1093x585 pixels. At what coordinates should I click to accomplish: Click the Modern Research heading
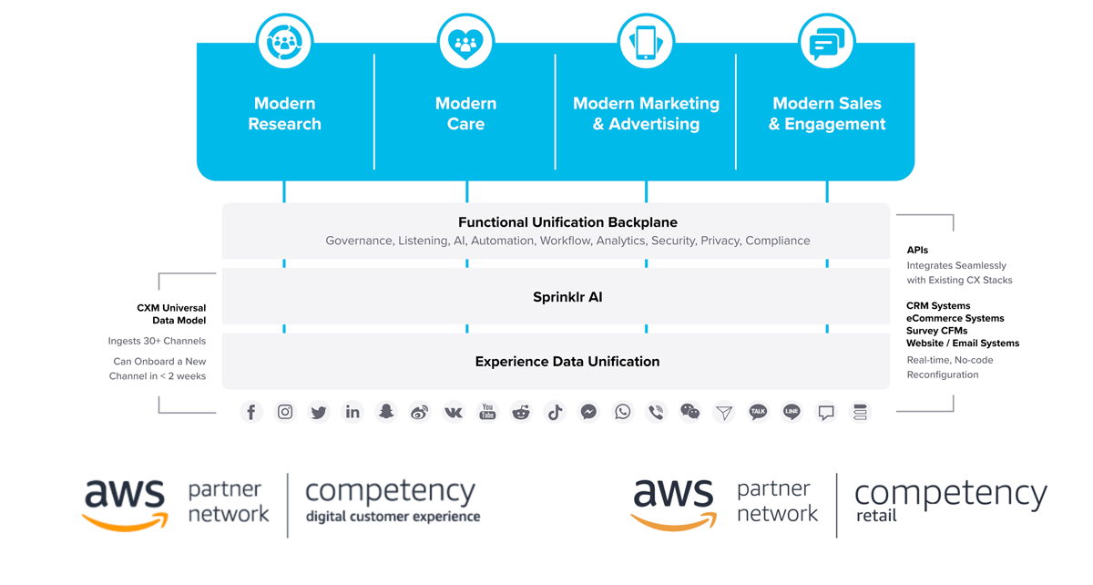(284, 114)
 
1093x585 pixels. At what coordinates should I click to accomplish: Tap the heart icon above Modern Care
(465, 42)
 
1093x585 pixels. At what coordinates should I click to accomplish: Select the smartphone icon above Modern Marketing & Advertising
(646, 42)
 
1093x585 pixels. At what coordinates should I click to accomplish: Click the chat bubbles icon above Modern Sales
(827, 42)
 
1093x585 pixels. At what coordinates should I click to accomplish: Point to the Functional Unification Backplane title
(567, 222)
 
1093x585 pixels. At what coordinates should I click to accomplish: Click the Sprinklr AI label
(567, 297)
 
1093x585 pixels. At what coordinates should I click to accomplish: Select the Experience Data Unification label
(567, 362)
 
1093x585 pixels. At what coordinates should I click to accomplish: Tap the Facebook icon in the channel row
(251, 412)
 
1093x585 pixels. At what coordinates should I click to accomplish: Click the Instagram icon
(285, 412)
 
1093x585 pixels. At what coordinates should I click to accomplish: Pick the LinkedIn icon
(352, 412)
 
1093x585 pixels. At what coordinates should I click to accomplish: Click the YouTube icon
(487, 412)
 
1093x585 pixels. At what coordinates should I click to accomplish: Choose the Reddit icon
(521, 412)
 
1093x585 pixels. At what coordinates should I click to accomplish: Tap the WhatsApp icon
(623, 412)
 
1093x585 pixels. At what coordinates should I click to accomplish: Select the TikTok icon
(555, 412)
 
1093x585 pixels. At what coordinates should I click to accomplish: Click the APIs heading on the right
(917, 250)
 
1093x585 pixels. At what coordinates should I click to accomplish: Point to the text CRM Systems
(938, 306)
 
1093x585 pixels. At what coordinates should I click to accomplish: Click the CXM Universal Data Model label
(172, 314)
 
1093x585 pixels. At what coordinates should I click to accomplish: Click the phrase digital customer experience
(393, 517)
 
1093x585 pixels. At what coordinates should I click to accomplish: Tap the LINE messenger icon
(792, 412)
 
